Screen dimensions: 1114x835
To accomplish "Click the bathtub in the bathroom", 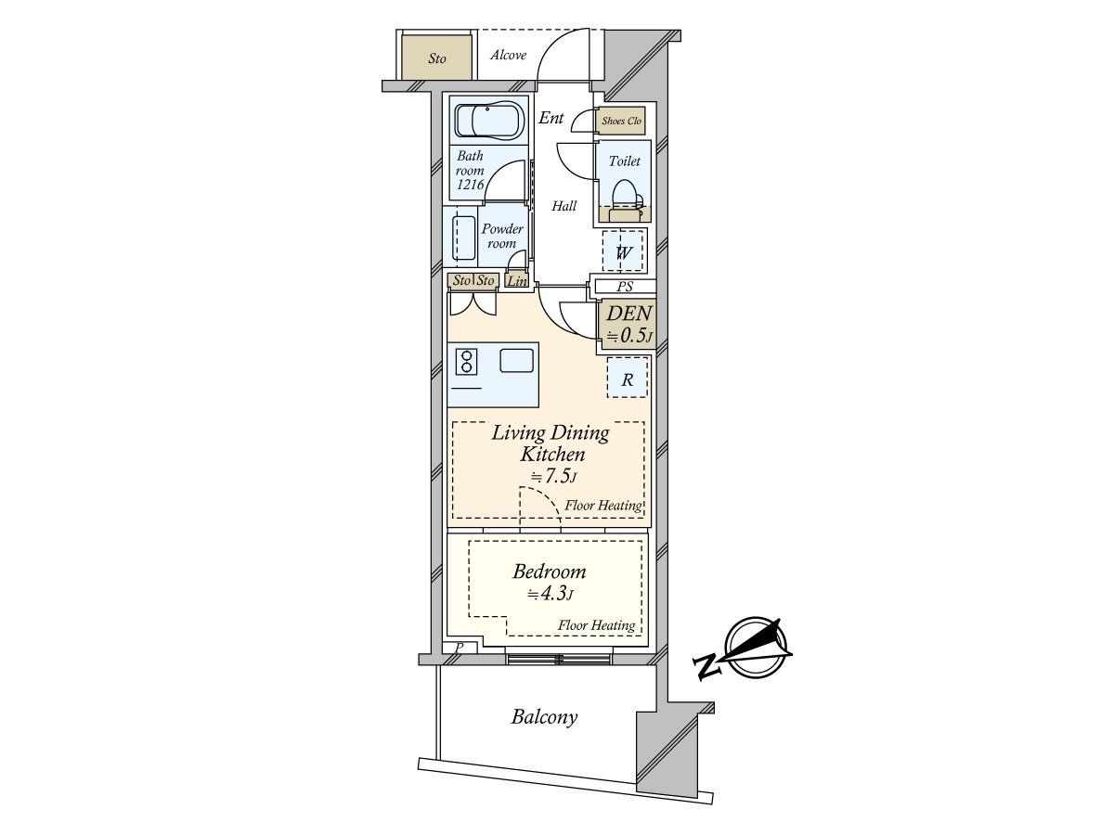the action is [x=487, y=121].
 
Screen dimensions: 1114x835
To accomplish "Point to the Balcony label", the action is [x=544, y=717].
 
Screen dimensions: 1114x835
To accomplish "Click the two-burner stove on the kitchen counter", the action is [x=466, y=362].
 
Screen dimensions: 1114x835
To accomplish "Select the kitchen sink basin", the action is [x=516, y=361].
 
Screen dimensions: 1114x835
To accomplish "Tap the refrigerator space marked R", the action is [x=628, y=378].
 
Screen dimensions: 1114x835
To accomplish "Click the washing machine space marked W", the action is [x=624, y=251].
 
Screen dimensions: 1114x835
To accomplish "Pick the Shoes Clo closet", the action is [x=621, y=121].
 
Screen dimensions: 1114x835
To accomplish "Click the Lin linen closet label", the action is [x=517, y=281].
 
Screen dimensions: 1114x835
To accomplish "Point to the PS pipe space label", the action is [x=625, y=287].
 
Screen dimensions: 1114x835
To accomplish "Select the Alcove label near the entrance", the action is [x=508, y=55].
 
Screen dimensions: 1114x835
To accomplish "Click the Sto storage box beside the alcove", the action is [x=437, y=57].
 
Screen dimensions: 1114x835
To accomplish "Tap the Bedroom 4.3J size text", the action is [x=551, y=594].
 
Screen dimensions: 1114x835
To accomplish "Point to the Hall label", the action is [x=564, y=206].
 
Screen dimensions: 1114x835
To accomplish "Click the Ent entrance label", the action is [x=551, y=118].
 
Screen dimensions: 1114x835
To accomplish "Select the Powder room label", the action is [x=502, y=237].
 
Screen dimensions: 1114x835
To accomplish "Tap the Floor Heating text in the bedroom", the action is [x=596, y=625].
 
